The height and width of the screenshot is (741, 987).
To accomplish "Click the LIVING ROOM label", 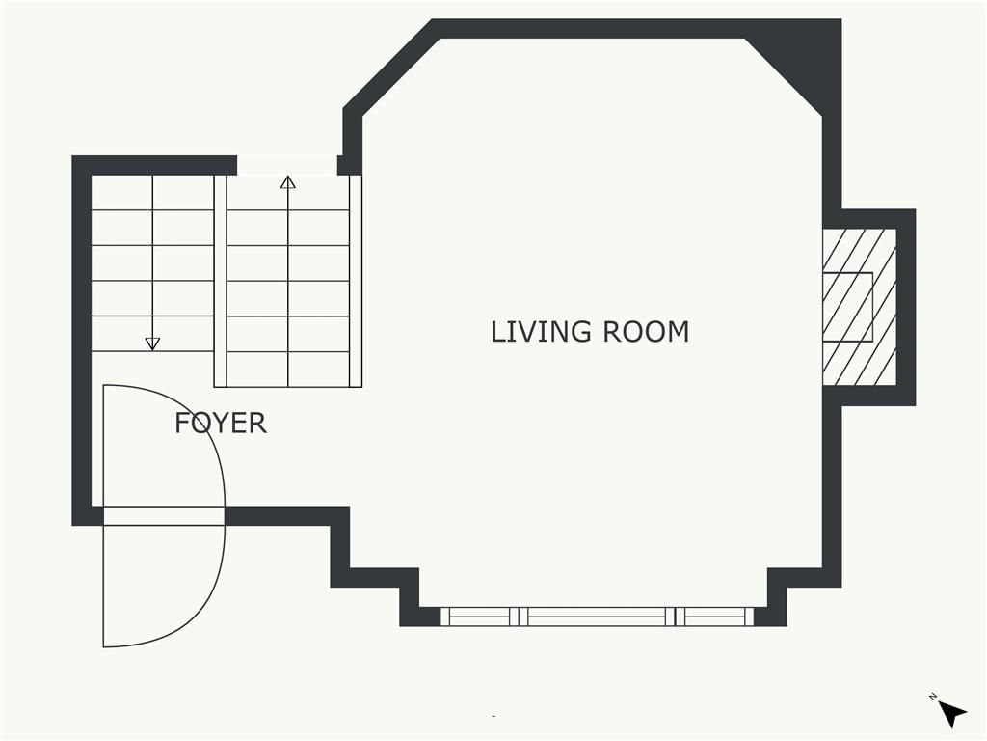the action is tap(590, 332).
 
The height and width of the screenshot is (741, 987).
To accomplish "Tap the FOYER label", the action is tap(221, 423).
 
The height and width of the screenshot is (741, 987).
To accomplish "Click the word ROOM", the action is tap(646, 332).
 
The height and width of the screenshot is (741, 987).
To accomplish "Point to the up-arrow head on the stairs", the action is tap(288, 182).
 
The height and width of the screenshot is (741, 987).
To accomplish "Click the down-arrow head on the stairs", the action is tap(152, 344).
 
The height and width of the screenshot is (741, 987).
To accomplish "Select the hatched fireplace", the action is tap(859, 307).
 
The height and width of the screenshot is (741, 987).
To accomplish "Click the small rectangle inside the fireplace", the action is tap(848, 307).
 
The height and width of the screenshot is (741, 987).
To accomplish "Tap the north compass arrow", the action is tap(953, 715).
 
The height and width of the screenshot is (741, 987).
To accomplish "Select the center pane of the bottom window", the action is tap(597, 617).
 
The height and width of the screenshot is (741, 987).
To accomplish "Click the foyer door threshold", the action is tap(164, 515).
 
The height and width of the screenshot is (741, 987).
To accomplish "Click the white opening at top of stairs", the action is tap(287, 165).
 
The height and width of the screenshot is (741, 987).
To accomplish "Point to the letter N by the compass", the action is tap(932, 697).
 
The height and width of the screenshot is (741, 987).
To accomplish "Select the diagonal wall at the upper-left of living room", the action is tap(391, 69).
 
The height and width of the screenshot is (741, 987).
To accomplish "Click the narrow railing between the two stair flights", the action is tap(221, 281).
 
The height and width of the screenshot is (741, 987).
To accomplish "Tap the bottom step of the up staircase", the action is tap(288, 370).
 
